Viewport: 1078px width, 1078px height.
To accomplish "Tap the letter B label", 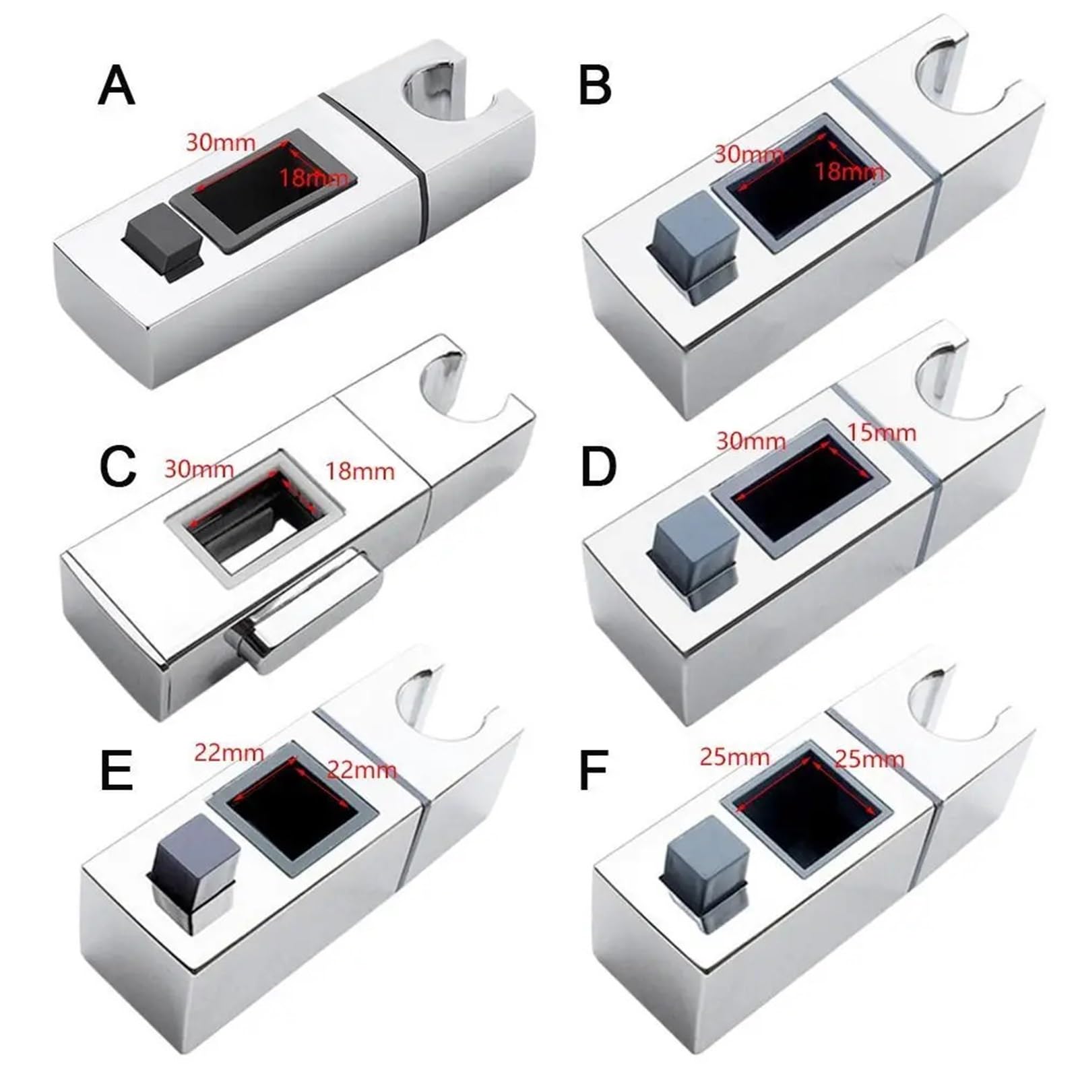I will point(595,86).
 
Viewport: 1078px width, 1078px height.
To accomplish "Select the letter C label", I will point(118,466).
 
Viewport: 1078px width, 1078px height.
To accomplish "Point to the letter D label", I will point(598,466).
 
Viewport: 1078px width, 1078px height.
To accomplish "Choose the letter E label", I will point(117,771).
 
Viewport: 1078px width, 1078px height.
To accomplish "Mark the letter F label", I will point(594,771).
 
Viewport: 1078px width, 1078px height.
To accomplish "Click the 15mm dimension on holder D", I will point(881,432).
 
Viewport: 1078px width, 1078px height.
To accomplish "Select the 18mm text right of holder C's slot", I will point(360,471).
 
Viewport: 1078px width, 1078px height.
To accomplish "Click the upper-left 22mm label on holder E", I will point(229,752).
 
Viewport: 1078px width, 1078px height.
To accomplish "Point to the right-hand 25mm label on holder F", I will point(869,759).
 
